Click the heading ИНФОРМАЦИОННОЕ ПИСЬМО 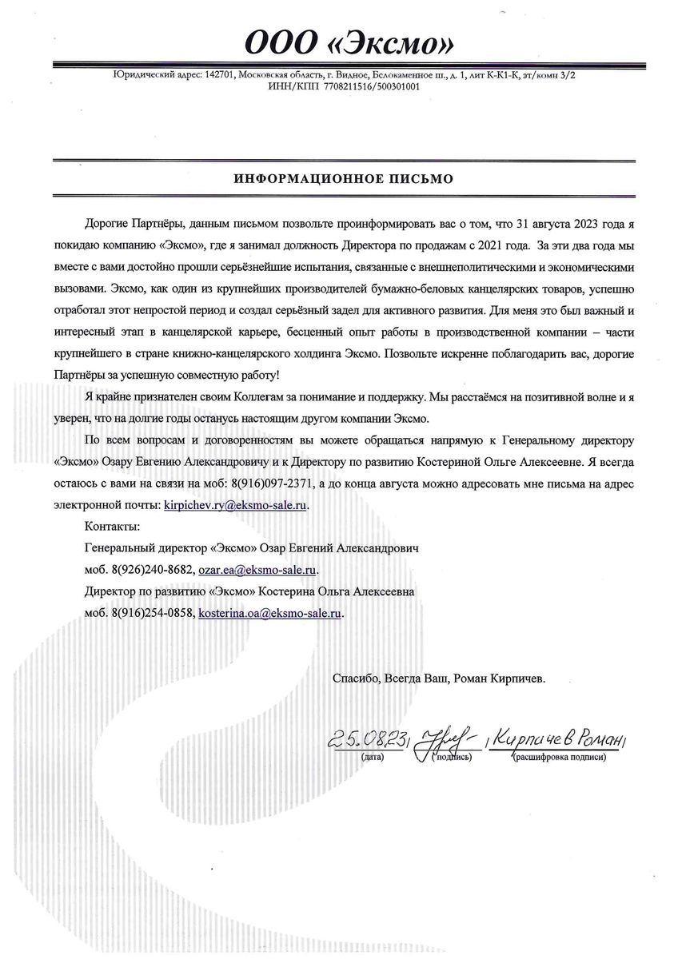(x=343, y=179)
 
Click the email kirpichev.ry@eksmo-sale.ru (x=235, y=505)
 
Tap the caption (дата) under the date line (x=373, y=756)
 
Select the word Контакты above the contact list (x=111, y=527)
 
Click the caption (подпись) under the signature (x=453, y=756)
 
